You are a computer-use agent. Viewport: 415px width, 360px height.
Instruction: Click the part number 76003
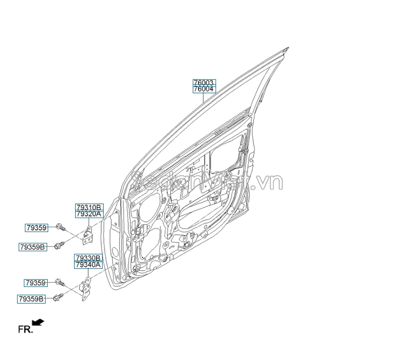tap(204, 83)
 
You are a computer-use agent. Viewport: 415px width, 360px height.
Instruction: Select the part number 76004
tap(204, 89)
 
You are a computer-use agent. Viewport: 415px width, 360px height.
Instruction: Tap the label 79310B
tap(89, 207)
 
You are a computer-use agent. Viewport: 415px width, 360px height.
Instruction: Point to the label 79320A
tap(89, 213)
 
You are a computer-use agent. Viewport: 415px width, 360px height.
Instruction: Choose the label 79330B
tap(89, 258)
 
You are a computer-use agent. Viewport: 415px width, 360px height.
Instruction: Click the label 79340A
tap(89, 264)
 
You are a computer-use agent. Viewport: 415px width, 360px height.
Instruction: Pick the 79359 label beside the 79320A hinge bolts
tap(36, 227)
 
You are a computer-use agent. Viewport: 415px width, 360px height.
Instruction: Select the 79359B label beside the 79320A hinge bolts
tap(33, 247)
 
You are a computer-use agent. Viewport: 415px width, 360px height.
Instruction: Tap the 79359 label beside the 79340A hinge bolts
tap(35, 283)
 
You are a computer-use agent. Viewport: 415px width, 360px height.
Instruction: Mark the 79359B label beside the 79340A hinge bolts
tap(32, 299)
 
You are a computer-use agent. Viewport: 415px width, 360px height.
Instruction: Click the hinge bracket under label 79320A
tap(89, 235)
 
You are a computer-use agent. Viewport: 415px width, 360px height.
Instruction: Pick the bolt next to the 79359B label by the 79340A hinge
tap(58, 298)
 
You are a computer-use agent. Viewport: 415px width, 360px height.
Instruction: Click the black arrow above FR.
tap(38, 323)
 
